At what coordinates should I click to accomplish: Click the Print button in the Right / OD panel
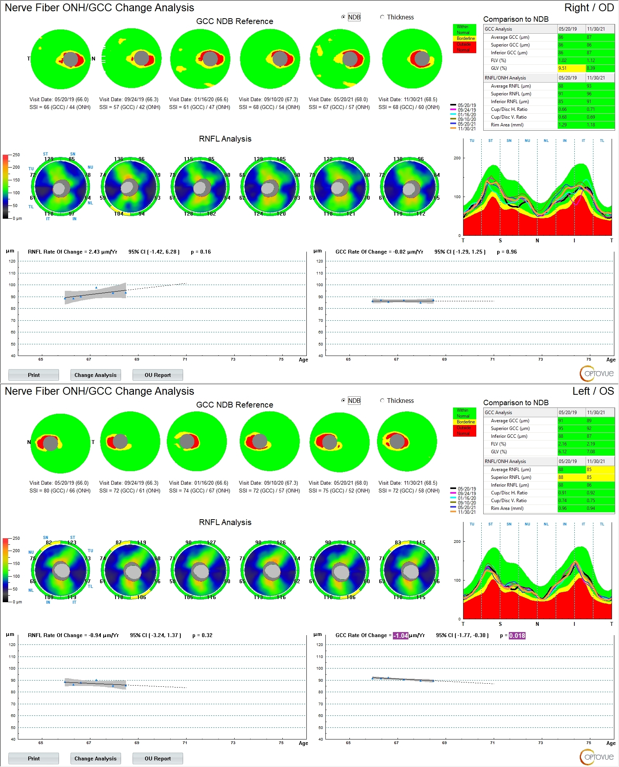pos(34,375)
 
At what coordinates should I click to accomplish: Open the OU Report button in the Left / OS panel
pos(157,758)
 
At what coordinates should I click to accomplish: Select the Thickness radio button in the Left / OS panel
pos(382,401)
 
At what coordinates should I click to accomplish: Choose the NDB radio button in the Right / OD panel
pos(343,17)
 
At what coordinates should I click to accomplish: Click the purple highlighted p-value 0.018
pos(517,636)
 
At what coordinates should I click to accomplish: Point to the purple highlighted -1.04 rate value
pos(401,636)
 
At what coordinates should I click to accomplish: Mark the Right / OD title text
pos(589,8)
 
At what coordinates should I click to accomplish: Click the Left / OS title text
pos(593,391)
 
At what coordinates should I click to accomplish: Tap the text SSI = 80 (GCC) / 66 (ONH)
pos(60,491)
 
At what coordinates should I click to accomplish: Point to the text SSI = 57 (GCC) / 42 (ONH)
pos(130,107)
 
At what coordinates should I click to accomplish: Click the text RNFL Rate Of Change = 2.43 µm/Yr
pos(73,252)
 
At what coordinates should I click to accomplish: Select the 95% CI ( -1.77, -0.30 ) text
pos(462,636)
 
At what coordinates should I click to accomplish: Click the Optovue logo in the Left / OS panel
pos(597,757)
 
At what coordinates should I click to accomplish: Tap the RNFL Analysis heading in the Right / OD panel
pos(225,139)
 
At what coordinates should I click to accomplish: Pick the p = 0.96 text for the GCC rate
pos(507,252)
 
